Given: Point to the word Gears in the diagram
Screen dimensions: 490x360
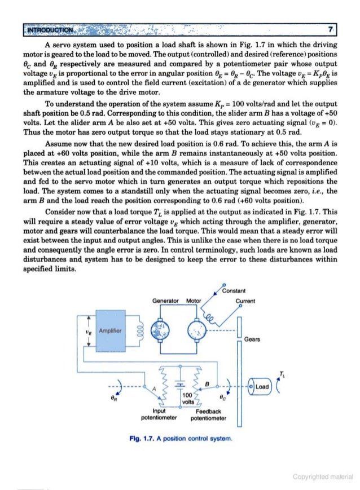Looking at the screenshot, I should [x=253, y=339].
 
